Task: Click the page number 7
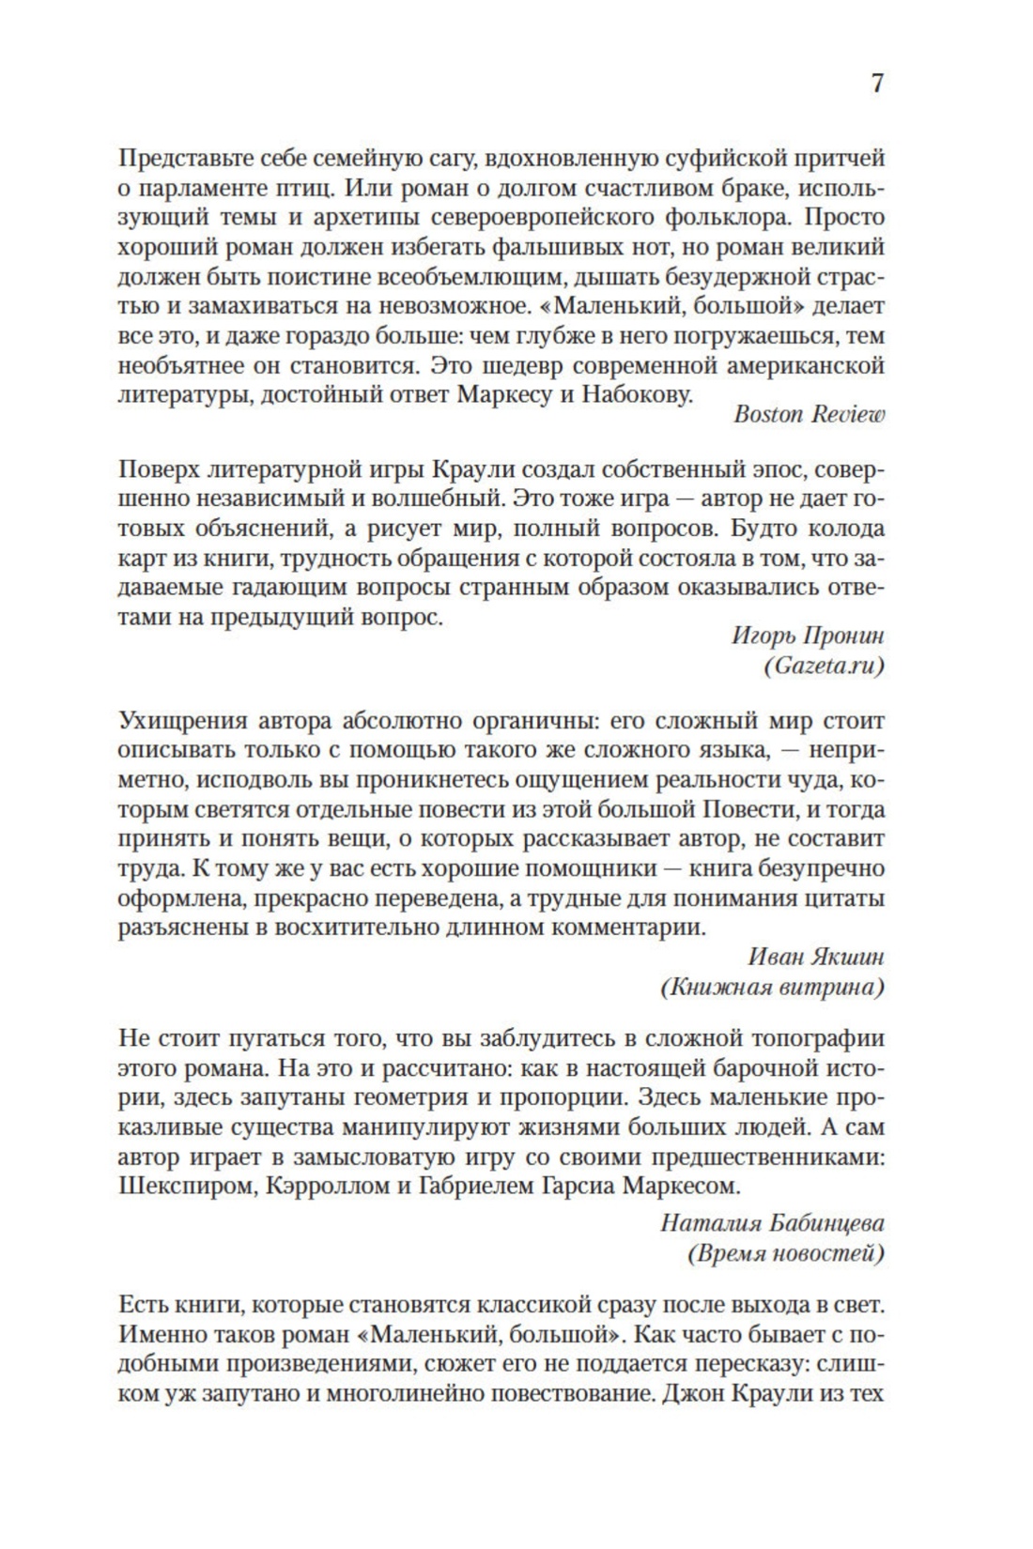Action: click(877, 84)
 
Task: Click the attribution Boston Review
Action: click(809, 415)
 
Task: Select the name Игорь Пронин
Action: click(808, 636)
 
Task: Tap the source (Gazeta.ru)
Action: click(825, 666)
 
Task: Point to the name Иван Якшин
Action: click(816, 957)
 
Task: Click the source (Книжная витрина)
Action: click(772, 987)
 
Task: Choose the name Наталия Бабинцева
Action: click(772, 1223)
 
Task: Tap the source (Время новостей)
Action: click(786, 1253)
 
